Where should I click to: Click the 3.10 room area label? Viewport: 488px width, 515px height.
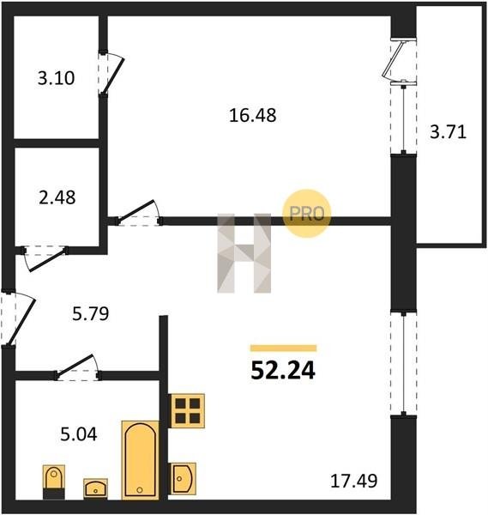pos(56,78)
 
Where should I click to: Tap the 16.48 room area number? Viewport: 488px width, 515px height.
pos(252,116)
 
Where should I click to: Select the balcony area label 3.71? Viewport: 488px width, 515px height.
pos(448,132)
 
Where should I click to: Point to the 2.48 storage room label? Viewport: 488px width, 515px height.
pos(57,197)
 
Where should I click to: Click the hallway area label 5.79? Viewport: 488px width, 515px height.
pos(91,313)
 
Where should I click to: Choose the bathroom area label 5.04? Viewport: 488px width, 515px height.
pos(79,434)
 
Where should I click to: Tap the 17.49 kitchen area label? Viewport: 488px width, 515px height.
pos(353,482)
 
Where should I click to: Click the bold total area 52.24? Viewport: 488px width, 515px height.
pos(283,371)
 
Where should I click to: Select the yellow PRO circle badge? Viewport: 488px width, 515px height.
pos(307,214)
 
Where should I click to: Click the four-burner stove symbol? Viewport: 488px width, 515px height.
pos(187,411)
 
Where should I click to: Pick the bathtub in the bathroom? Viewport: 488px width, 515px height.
pos(140,460)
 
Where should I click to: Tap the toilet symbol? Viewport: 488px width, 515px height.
pos(54,482)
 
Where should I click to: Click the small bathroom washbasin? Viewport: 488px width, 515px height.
pos(95,488)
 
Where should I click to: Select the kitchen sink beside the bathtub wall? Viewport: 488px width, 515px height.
pos(183,478)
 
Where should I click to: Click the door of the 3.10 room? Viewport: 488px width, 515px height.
pos(113,76)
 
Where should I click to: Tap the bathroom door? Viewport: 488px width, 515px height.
pos(78,367)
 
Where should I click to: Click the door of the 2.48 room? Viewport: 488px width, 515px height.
pos(44,258)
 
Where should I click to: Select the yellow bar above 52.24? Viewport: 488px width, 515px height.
pos(284,348)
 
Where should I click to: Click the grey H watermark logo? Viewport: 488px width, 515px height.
pos(244,253)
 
